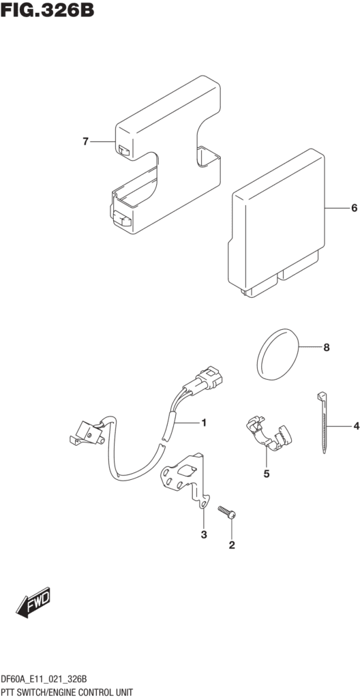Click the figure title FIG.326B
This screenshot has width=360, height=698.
click(x=47, y=10)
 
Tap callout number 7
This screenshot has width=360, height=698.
click(x=86, y=142)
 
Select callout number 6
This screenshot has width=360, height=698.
click(x=355, y=208)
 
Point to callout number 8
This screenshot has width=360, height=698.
click(x=327, y=347)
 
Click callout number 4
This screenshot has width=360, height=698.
click(x=356, y=427)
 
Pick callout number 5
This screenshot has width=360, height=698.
click(x=267, y=474)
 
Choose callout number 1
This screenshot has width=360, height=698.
click(x=204, y=423)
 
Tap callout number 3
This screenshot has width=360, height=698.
click(x=204, y=534)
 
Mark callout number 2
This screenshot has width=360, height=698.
click(x=232, y=545)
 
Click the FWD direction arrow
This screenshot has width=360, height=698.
click(x=34, y=603)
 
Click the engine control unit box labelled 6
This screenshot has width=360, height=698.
click(x=276, y=224)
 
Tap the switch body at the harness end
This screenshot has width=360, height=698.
click(x=88, y=432)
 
